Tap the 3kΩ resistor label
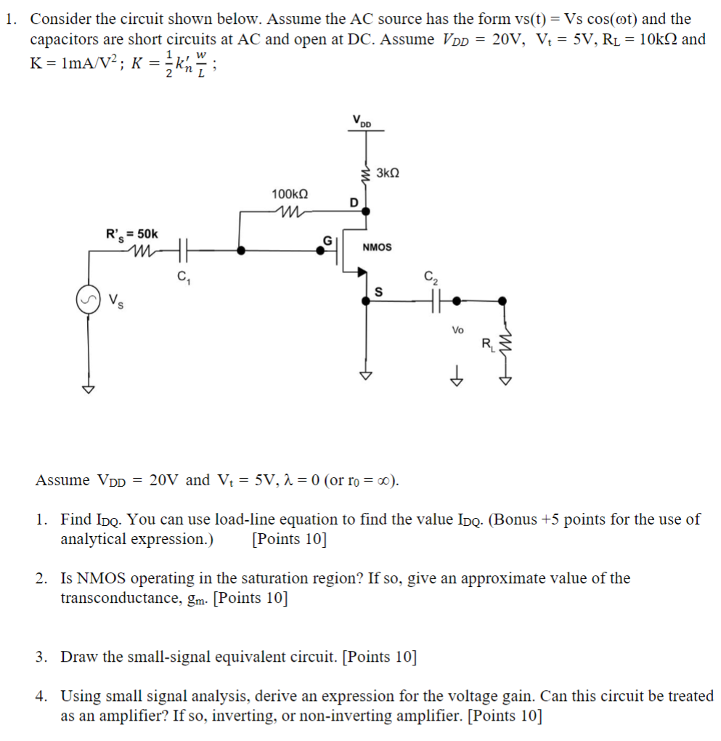click(x=388, y=174)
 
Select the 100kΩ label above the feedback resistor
click(x=290, y=194)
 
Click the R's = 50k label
click(x=132, y=234)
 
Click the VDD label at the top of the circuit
click(x=360, y=121)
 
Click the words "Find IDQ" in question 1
click(x=88, y=519)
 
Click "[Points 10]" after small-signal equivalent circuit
click(x=379, y=657)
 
